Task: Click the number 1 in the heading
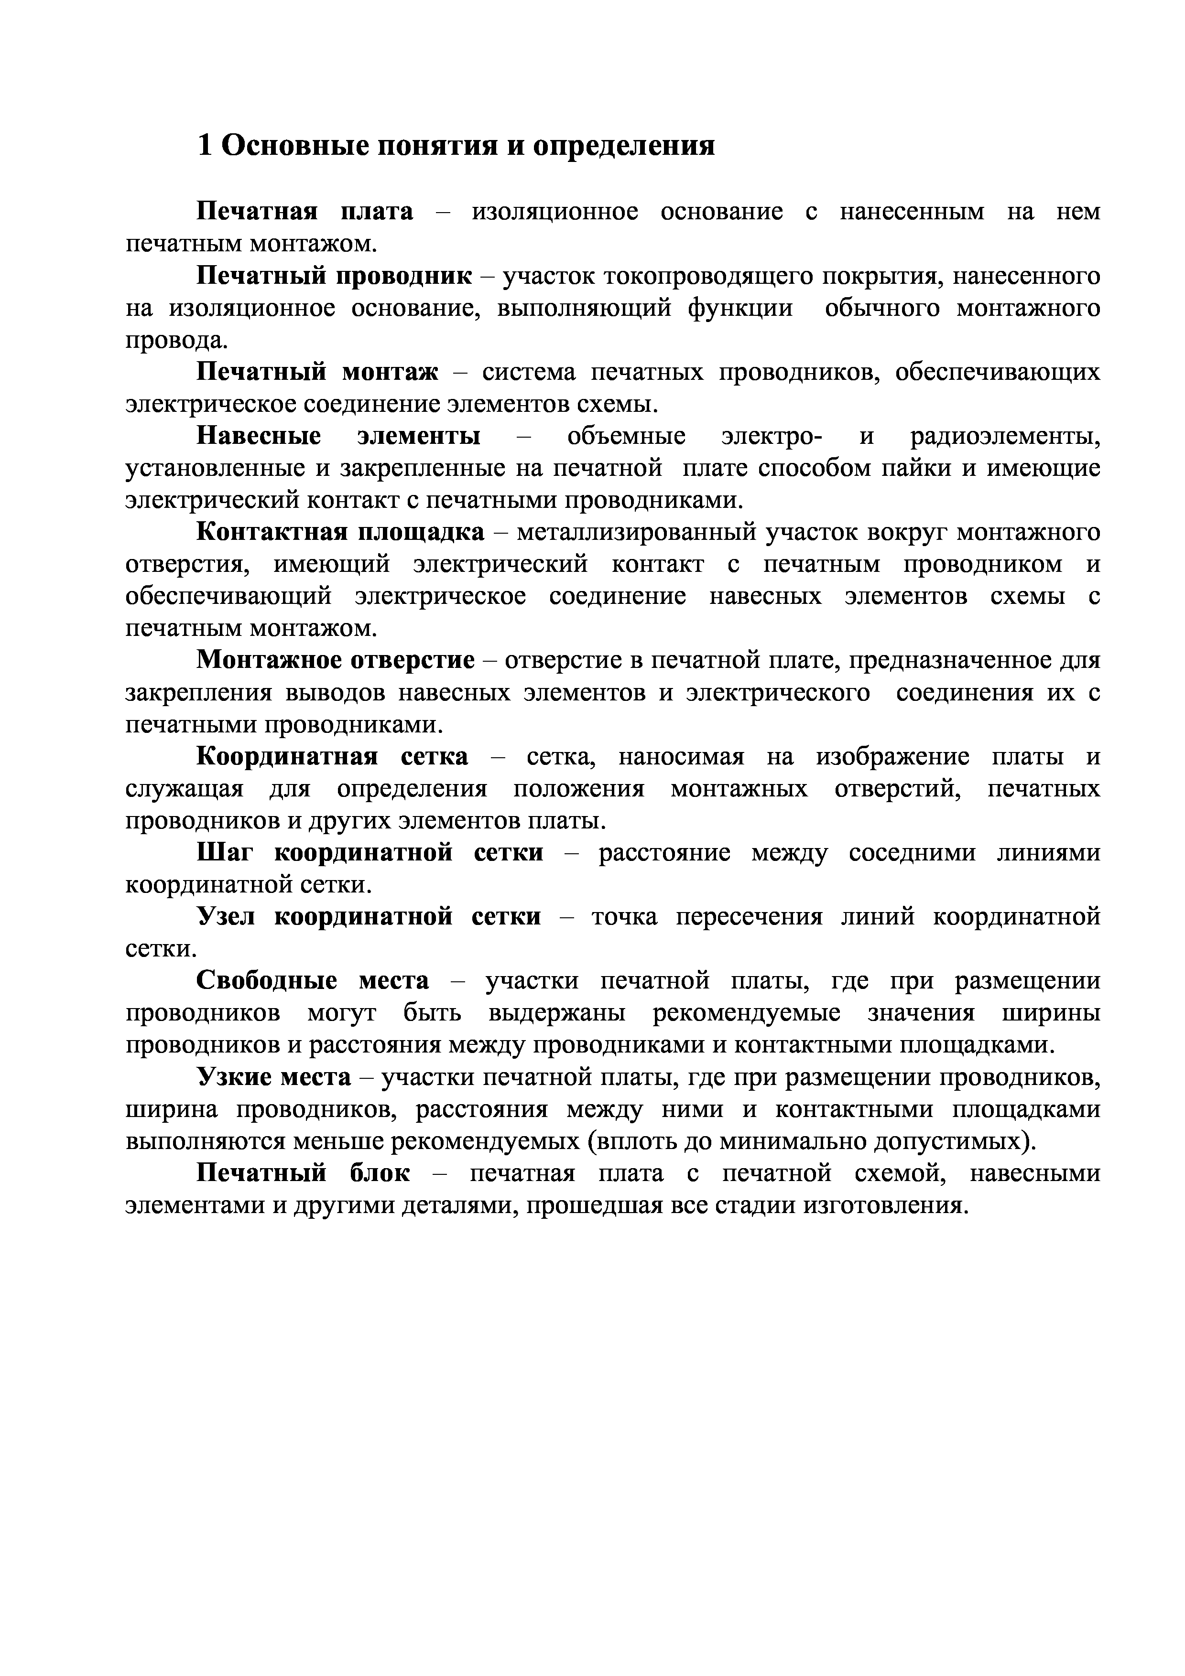pyautogui.click(x=205, y=146)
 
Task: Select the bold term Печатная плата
pyautogui.click(x=304, y=212)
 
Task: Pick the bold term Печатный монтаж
pyautogui.click(x=317, y=372)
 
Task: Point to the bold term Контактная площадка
pyautogui.click(x=340, y=533)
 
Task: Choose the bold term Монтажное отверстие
pyautogui.click(x=336, y=661)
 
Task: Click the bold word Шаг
pyautogui.click(x=223, y=853)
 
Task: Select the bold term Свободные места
pyautogui.click(x=313, y=981)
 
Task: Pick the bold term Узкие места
pyautogui.click(x=274, y=1077)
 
